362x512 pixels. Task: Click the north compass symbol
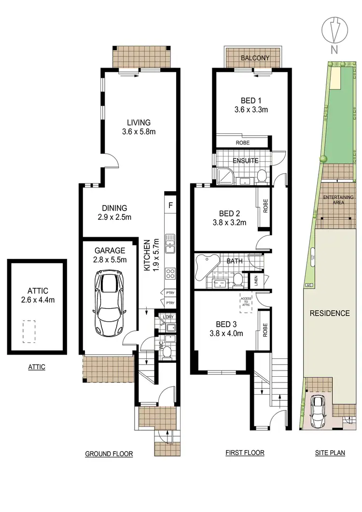coord(334,30)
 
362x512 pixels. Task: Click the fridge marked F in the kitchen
coord(170,205)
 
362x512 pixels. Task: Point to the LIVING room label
coord(139,123)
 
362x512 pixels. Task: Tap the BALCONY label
coord(254,58)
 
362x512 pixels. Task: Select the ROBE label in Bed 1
coord(242,143)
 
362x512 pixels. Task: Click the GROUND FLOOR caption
coord(109,454)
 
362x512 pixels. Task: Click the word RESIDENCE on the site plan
coord(330,313)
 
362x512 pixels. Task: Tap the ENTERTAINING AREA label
coord(338,200)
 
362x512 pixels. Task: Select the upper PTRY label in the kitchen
coord(169,293)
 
